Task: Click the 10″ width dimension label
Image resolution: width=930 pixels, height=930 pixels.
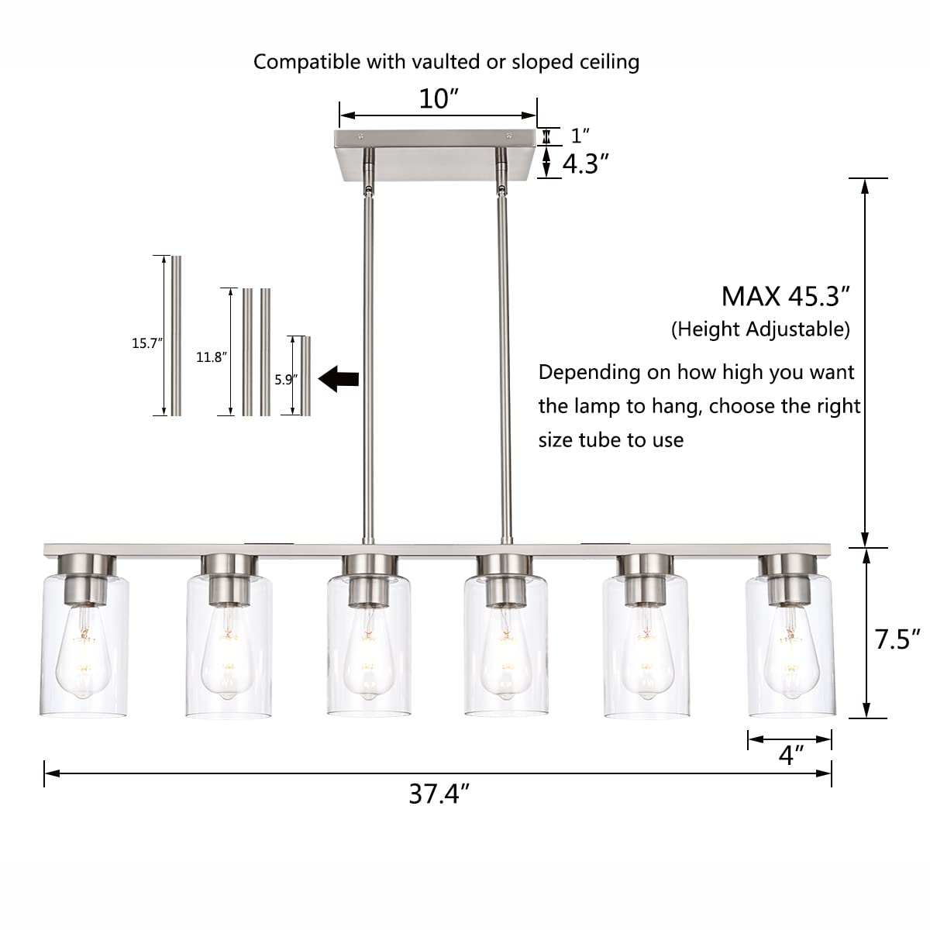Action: click(x=438, y=99)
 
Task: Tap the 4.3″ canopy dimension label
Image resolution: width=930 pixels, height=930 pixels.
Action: click(x=585, y=164)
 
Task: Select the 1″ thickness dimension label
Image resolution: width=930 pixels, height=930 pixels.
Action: click(x=580, y=136)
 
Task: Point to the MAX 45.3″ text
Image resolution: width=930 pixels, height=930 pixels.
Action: click(x=785, y=296)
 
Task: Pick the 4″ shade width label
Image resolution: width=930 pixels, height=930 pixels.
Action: click(x=791, y=756)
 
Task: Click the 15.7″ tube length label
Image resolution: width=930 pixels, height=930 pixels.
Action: click(x=147, y=343)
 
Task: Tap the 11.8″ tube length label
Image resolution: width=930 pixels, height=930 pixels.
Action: click(x=212, y=357)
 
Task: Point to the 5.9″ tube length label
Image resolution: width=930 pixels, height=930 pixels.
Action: click(x=286, y=380)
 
